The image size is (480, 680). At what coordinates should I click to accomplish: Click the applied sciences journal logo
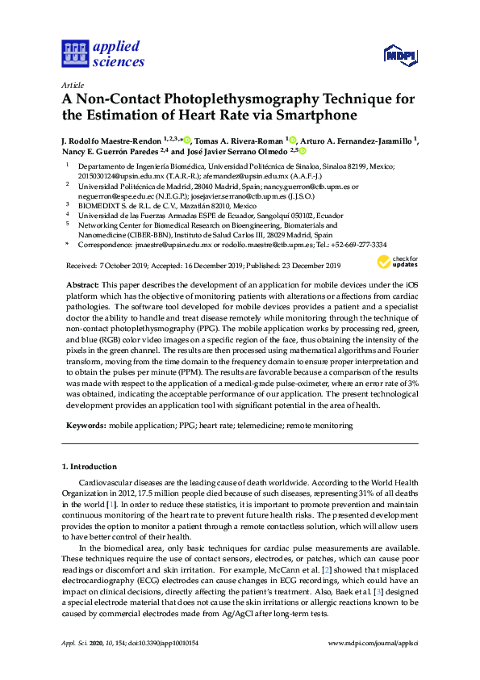coord(102,53)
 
